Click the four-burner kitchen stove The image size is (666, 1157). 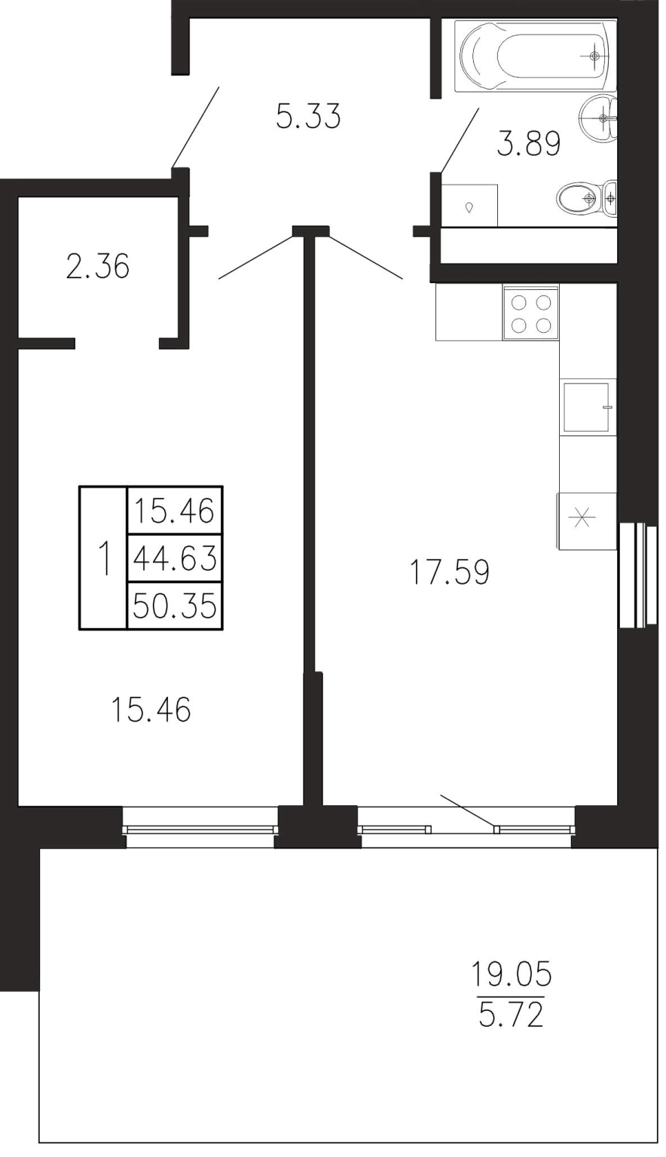530,313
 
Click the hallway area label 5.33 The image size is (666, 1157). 308,116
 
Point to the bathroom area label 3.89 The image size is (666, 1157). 529,144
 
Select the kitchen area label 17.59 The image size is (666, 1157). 449,572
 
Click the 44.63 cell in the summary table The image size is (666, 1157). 175,558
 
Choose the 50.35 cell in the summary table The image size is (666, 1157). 175,606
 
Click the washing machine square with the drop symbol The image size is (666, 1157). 469,206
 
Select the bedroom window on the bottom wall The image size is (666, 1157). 200,826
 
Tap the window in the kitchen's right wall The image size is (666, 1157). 637,575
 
